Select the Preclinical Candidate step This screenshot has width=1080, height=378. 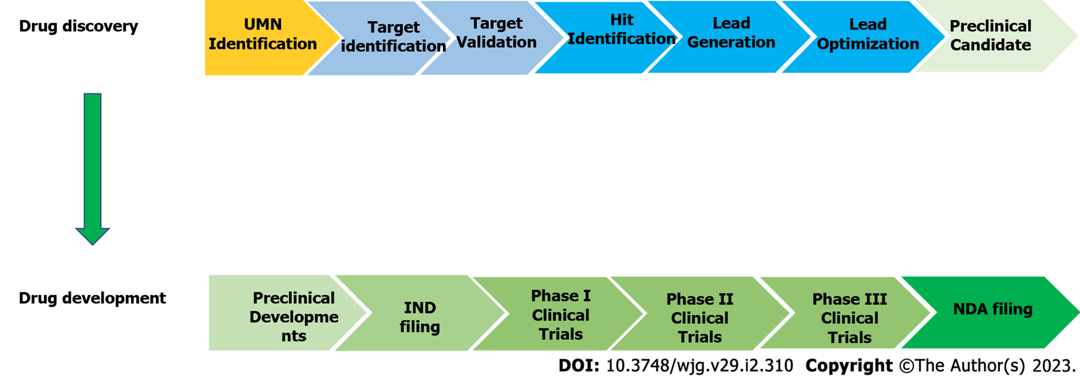click(x=993, y=36)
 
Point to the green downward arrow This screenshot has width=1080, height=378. click(x=93, y=169)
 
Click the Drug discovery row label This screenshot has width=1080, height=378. click(x=78, y=26)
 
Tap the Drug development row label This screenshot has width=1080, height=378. click(x=93, y=298)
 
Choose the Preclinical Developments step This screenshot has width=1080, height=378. click(x=289, y=313)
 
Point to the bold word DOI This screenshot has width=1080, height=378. click(x=579, y=365)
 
